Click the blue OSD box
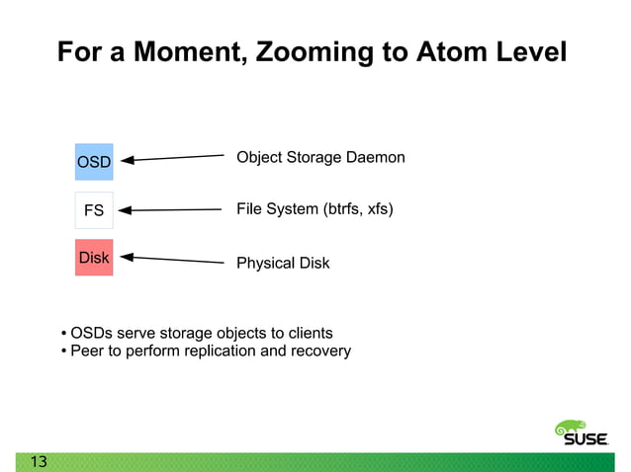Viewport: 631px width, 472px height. pyautogui.click(x=94, y=161)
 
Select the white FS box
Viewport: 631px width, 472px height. pyautogui.click(x=94, y=210)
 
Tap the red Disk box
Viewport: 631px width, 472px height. pyautogui.click(x=94, y=258)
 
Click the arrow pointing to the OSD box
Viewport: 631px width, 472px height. pyautogui.click(x=173, y=157)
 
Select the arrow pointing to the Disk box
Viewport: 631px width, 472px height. pyautogui.click(x=173, y=260)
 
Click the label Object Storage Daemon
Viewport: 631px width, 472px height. pyautogui.click(x=320, y=158)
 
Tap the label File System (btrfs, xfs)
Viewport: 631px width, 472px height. pyautogui.click(x=315, y=208)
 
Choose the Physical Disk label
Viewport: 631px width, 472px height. pyautogui.click(x=283, y=263)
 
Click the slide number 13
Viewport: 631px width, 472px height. pyautogui.click(x=39, y=462)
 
